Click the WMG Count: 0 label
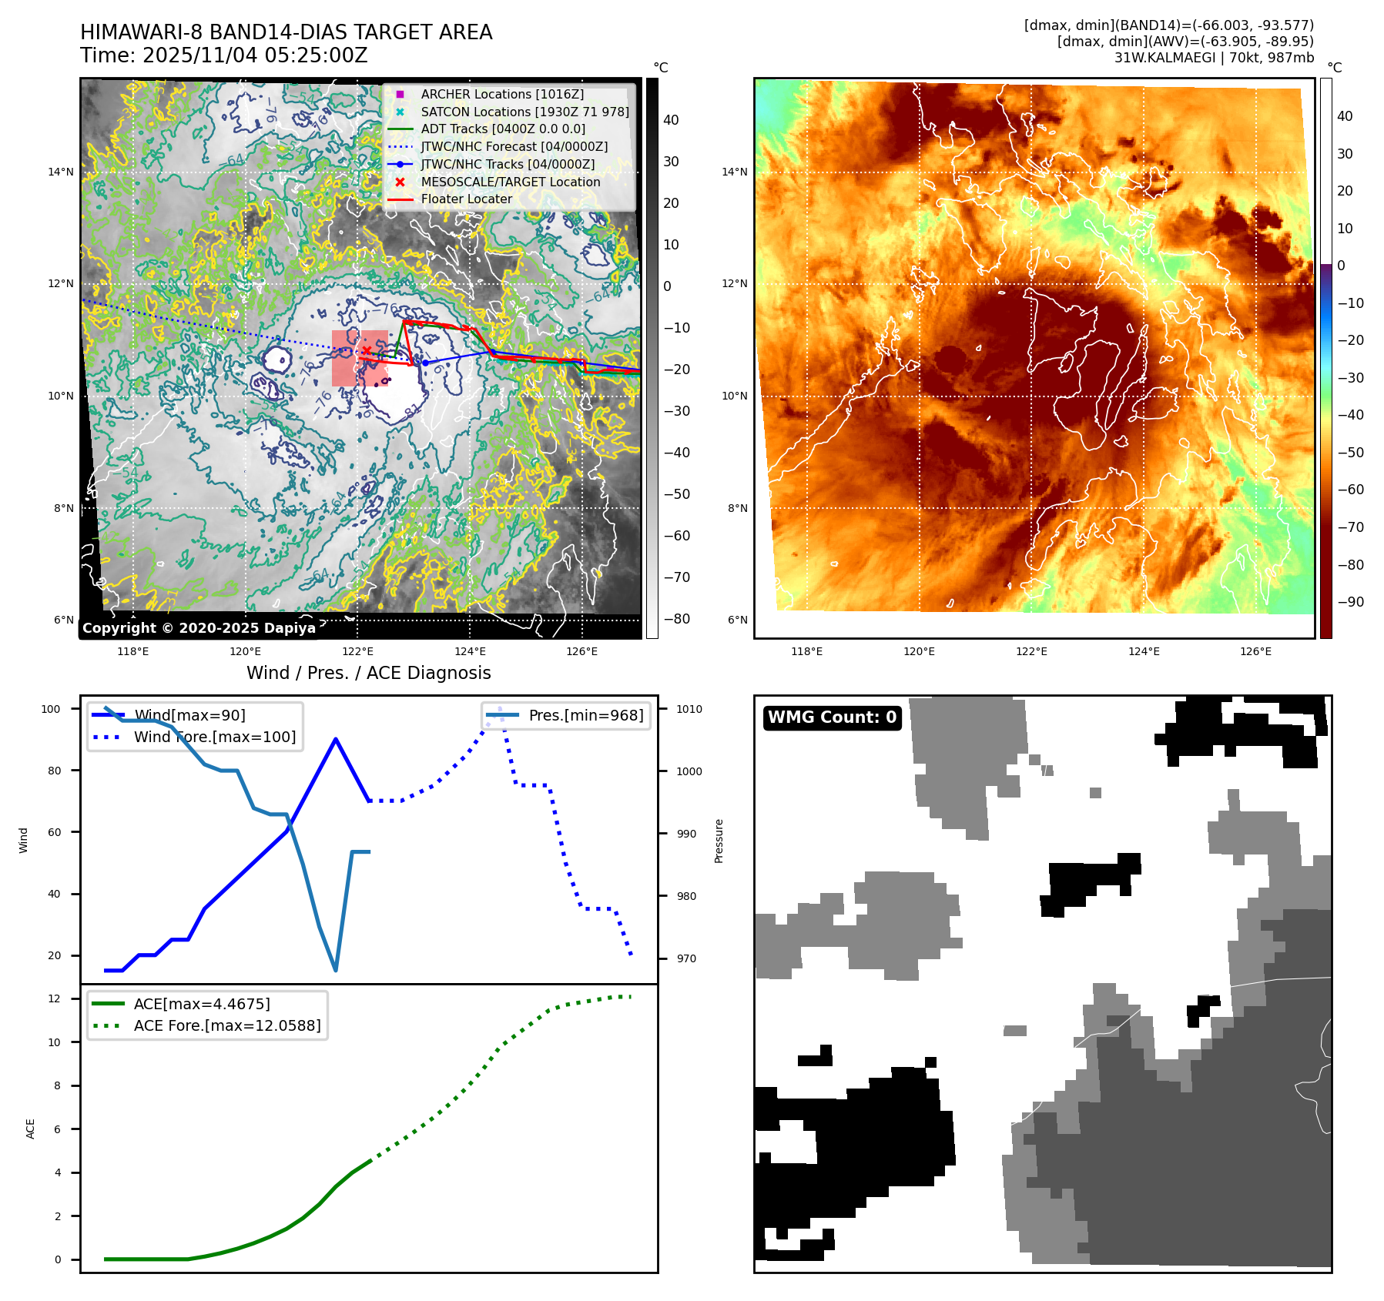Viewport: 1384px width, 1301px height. pos(832,717)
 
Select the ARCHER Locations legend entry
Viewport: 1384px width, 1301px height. pos(501,94)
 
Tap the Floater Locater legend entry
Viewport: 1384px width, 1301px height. pos(466,199)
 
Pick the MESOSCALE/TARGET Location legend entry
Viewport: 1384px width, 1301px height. pos(510,182)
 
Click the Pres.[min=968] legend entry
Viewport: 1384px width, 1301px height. pos(585,715)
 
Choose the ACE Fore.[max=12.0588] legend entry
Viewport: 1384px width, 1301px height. pos(226,1025)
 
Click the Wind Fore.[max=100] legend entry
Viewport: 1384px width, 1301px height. pos(214,737)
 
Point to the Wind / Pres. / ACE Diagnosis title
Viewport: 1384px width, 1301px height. pos(368,673)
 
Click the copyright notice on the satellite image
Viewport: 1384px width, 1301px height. pos(199,628)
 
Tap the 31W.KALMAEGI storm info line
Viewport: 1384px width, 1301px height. pos(1214,57)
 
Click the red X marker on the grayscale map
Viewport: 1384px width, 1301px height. pos(367,351)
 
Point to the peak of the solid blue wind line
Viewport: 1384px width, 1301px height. pos(336,739)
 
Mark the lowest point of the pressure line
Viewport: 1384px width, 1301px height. pos(336,970)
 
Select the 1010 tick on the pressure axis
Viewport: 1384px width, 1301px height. pos(689,709)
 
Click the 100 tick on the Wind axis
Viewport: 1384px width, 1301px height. pos(51,709)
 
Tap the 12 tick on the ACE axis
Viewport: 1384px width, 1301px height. pos(54,998)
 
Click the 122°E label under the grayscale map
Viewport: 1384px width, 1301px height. pos(357,651)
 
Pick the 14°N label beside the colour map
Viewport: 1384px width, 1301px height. pos(734,172)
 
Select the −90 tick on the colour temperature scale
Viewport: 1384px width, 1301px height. pos(1350,602)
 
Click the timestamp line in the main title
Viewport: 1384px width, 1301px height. pos(223,55)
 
